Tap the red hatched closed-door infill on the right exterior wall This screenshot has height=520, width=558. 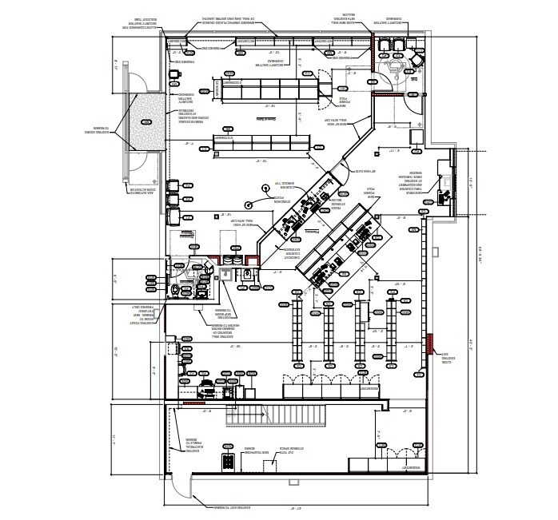431,343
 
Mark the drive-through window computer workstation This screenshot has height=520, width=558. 443,188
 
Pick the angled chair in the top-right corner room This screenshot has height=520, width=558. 417,61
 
